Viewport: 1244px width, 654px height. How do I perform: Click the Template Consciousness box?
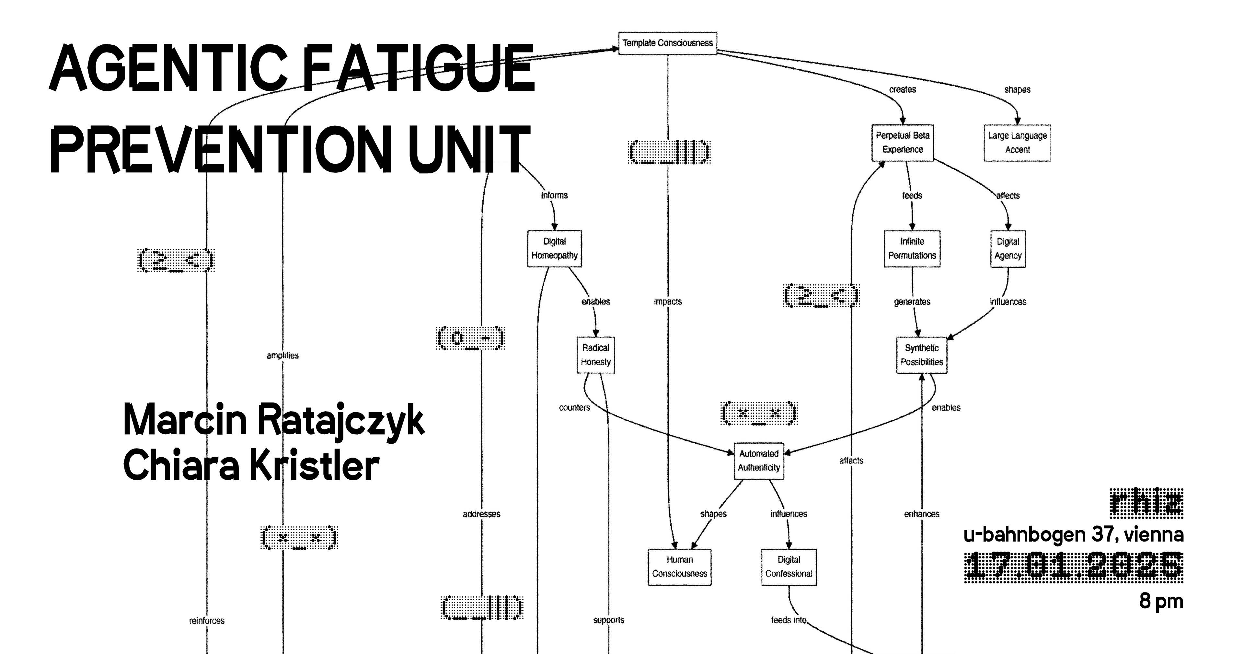[x=667, y=43]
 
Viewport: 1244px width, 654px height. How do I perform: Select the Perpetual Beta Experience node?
[x=902, y=143]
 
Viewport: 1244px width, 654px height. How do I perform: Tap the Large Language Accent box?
[x=1017, y=143]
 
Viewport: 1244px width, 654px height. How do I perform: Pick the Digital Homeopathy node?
[x=554, y=248]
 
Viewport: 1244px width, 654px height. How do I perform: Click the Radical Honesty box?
[x=595, y=355]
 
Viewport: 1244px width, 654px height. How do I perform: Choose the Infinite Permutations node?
[x=912, y=248]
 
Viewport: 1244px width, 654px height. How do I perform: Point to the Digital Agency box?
[x=1008, y=248]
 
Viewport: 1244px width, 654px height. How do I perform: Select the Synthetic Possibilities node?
[x=921, y=355]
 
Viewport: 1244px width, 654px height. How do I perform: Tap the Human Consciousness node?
[x=679, y=566]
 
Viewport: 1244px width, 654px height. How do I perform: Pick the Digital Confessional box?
[x=789, y=566]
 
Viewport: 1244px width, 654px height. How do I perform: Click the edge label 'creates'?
[x=902, y=89]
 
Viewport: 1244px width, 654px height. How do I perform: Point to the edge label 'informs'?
[x=554, y=195]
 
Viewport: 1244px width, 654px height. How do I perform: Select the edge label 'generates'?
[x=912, y=301]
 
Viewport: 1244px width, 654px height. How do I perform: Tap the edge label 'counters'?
[x=574, y=407]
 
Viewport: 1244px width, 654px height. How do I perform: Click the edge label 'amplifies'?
[x=282, y=356]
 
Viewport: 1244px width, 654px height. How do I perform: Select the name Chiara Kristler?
[x=251, y=465]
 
